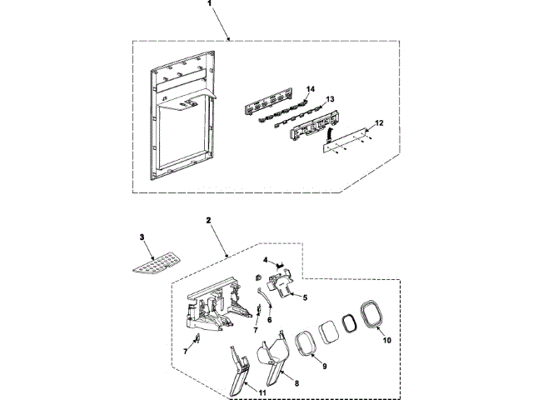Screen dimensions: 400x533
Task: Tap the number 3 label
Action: [x=142, y=238]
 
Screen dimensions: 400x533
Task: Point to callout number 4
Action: [x=265, y=260]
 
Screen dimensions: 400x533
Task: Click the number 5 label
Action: [x=305, y=297]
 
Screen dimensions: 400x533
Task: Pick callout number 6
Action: [x=269, y=319]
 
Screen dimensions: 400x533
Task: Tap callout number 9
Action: [x=324, y=365]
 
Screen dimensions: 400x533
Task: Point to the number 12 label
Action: [x=380, y=123]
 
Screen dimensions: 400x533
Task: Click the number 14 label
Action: [x=311, y=87]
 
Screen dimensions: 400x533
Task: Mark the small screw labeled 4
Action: [x=279, y=263]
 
